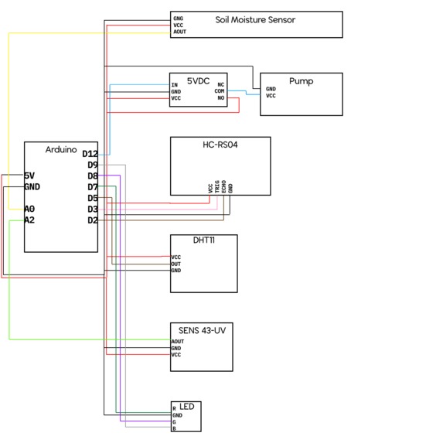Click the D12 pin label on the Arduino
point(89,155)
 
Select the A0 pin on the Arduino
point(29,209)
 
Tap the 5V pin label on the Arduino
point(29,175)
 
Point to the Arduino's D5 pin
point(92,198)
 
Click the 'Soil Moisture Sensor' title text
point(255,19)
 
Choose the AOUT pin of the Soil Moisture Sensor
point(179,32)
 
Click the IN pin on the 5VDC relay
point(175,84)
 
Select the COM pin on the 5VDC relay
point(220,91)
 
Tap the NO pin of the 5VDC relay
point(221,98)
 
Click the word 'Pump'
point(301,80)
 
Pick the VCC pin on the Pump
point(271,96)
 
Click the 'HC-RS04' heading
point(220,145)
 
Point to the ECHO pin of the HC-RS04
point(224,187)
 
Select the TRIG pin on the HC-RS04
point(217,187)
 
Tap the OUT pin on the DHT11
point(176,264)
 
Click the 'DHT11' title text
point(203,241)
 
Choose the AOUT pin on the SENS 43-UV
point(178,341)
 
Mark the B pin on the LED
point(174,429)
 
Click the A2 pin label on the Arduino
point(29,220)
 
